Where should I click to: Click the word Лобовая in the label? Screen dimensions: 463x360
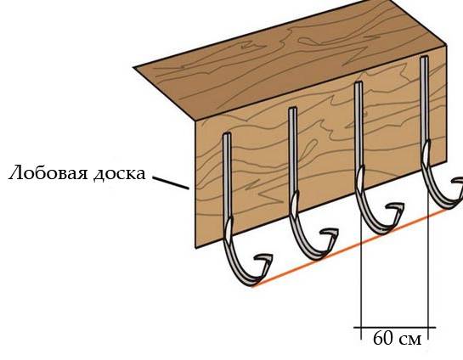(48, 173)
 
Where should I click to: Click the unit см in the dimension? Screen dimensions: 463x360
(410, 340)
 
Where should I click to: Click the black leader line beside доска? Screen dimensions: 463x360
(171, 183)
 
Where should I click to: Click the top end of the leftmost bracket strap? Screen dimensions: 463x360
(227, 134)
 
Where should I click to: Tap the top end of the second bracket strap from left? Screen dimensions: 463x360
(292, 109)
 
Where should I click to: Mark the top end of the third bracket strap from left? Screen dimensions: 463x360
(359, 83)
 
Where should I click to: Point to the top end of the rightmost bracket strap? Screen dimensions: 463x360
(424, 58)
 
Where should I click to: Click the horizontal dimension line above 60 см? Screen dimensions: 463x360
(395, 327)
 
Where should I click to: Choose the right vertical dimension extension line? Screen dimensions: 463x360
(428, 266)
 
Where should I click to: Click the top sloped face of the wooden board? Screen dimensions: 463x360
(290, 59)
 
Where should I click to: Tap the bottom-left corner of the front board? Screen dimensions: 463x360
(195, 248)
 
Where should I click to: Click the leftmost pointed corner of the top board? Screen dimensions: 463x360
(134, 68)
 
